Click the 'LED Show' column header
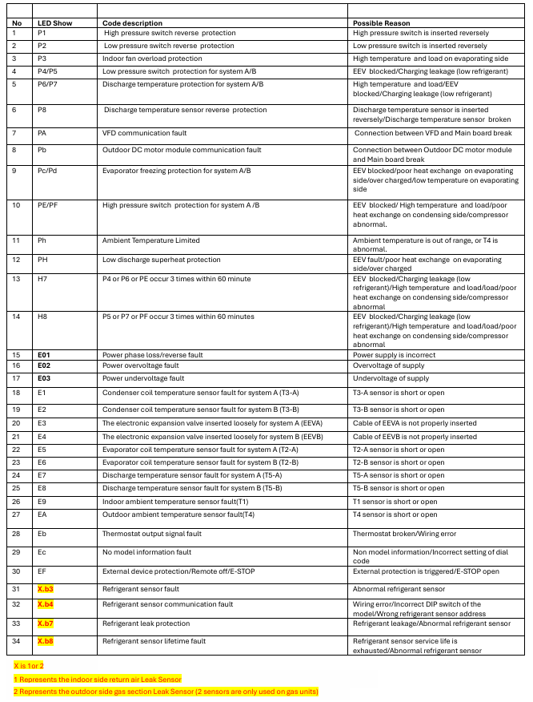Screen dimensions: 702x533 54,22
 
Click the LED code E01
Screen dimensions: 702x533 44,354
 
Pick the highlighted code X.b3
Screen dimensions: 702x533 46,589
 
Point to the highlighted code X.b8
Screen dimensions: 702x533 46,641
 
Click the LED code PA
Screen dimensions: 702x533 42,132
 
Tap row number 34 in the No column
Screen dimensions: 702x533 16,641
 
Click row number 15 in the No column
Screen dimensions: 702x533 16,354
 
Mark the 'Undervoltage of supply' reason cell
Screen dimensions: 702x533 391,378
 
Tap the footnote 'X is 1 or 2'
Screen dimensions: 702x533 29,666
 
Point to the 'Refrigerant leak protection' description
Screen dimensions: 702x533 146,623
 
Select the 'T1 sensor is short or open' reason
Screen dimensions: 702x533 395,502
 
